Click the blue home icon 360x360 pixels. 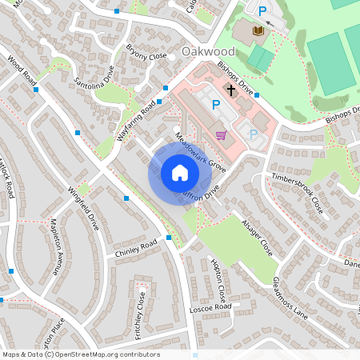pyautogui.click(x=179, y=173)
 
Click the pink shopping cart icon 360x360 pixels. pyautogui.click(x=221, y=134)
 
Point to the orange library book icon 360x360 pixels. pyautogui.click(x=258, y=31)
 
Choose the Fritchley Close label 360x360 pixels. pyautogui.click(x=141, y=314)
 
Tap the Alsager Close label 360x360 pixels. pyautogui.click(x=257, y=238)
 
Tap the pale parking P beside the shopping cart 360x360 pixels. pyautogui.click(x=254, y=134)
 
